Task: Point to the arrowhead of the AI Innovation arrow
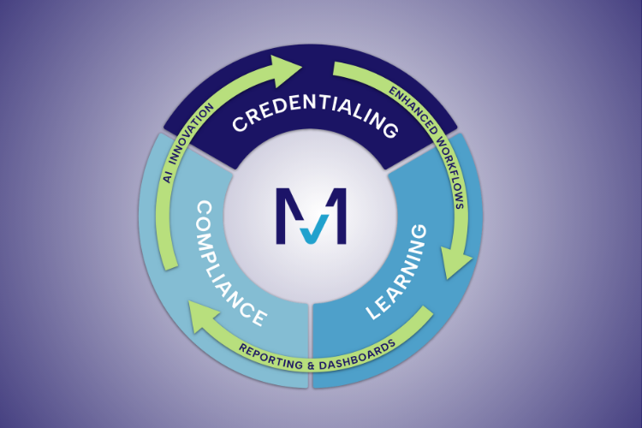tap(286, 66)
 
